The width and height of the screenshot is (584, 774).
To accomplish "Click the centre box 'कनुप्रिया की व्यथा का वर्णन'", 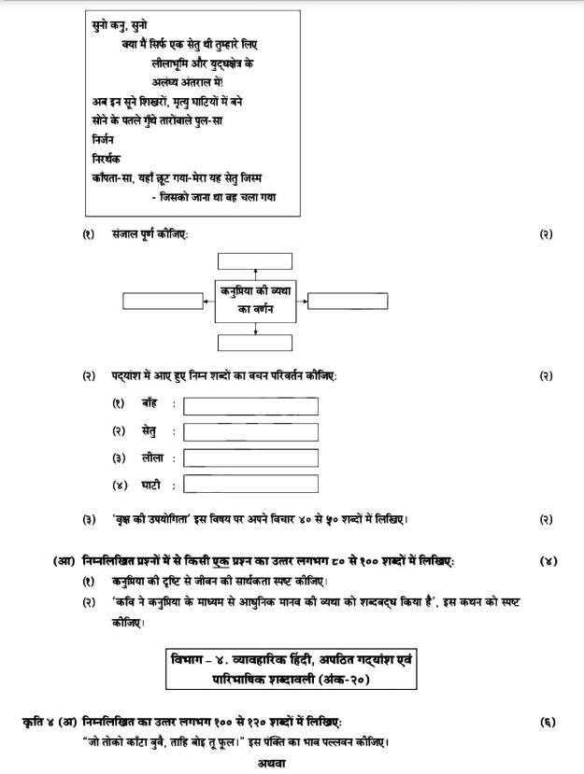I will point(255,300).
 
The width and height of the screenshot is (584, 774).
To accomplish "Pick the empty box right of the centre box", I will point(348,301).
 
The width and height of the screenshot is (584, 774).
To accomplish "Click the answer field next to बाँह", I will point(250,406).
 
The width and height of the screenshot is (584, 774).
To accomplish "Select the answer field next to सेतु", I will point(250,432).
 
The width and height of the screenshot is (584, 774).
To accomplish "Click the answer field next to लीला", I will point(250,458).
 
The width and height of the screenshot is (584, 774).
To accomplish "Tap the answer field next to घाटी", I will point(250,485).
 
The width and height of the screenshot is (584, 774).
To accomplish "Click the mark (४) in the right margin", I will point(548,562).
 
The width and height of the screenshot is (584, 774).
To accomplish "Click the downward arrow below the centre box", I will point(255,329).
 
